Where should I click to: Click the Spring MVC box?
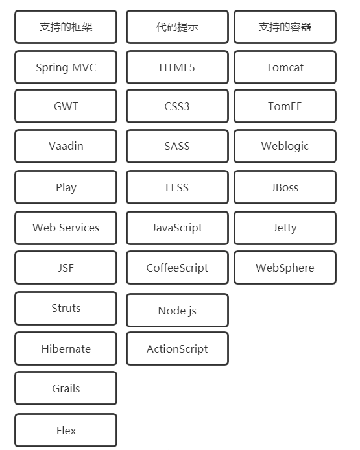(x=66, y=67)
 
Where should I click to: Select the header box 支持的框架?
(x=66, y=27)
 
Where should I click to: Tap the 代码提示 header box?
(x=177, y=27)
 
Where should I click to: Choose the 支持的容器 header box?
(x=285, y=27)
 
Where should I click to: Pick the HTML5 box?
(x=177, y=67)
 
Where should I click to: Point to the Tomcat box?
(x=285, y=67)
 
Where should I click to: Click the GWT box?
(x=66, y=106)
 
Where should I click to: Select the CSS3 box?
(x=177, y=106)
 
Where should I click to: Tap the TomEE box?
(x=285, y=106)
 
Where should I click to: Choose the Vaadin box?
(x=66, y=146)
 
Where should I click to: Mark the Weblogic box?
(x=285, y=146)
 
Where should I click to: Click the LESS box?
(x=177, y=187)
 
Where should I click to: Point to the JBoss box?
(x=285, y=187)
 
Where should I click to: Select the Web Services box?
(x=66, y=228)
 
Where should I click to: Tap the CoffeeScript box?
(x=177, y=268)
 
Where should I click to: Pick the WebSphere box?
(x=285, y=268)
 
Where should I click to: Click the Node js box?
(x=177, y=310)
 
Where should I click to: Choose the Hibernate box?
(x=66, y=348)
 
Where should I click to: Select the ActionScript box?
(x=177, y=348)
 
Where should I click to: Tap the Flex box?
(x=66, y=430)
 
